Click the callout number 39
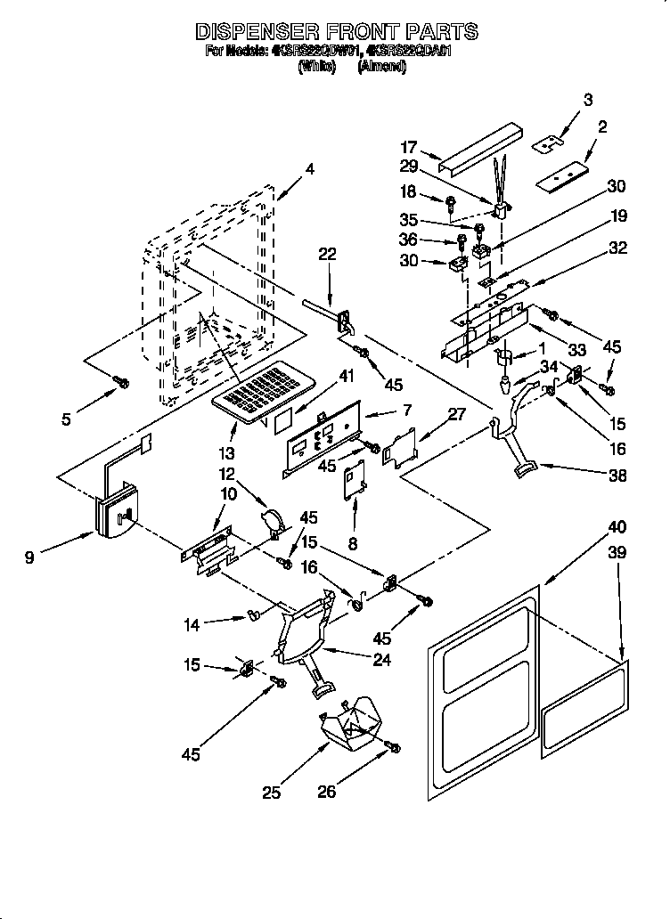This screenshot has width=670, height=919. pos(617,553)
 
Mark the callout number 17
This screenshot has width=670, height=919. pos(410,149)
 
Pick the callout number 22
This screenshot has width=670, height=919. pos(328,255)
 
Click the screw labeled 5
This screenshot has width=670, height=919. pos(122,383)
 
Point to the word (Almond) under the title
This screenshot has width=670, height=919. pos(381,67)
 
